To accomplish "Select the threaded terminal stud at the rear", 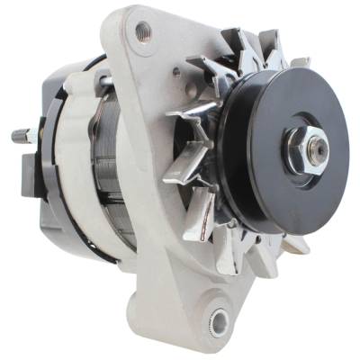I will pyautogui.click(x=22, y=138).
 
